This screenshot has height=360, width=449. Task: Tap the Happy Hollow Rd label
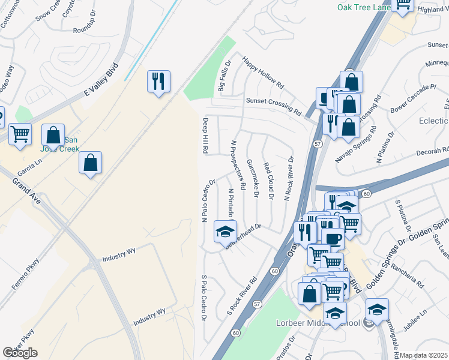tap(262, 73)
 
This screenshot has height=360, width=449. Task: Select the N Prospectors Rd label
tap(237, 165)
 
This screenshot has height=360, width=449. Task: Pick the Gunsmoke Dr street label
tap(253, 178)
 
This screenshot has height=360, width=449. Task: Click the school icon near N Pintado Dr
tap(224, 233)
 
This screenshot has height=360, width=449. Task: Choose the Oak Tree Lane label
tap(364, 7)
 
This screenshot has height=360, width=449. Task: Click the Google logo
tap(20, 352)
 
